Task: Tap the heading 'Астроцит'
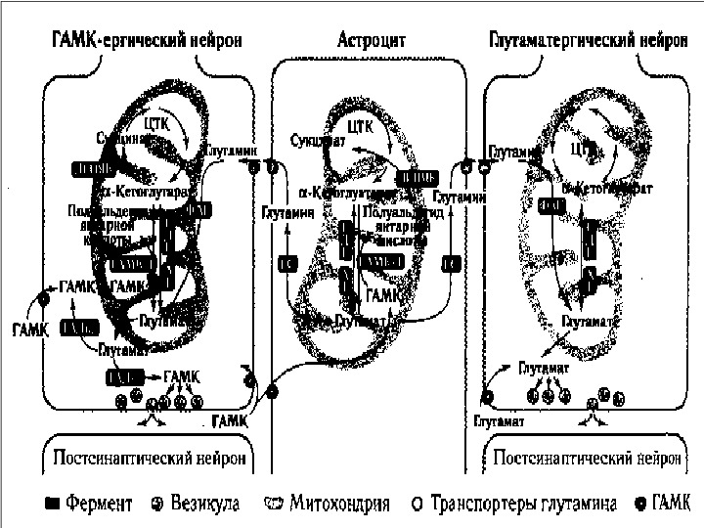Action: tap(372, 41)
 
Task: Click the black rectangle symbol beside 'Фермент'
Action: tap(52, 506)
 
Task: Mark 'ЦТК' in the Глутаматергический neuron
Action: tap(583, 150)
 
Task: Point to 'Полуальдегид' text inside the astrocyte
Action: tap(391, 211)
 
